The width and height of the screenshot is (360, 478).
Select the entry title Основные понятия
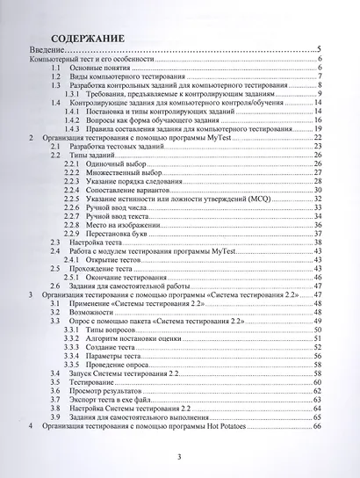[x=99, y=67]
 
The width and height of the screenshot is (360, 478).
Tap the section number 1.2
[x=55, y=76]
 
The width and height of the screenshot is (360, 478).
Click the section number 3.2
[x=54, y=311]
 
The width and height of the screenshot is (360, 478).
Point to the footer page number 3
[x=178, y=457]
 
